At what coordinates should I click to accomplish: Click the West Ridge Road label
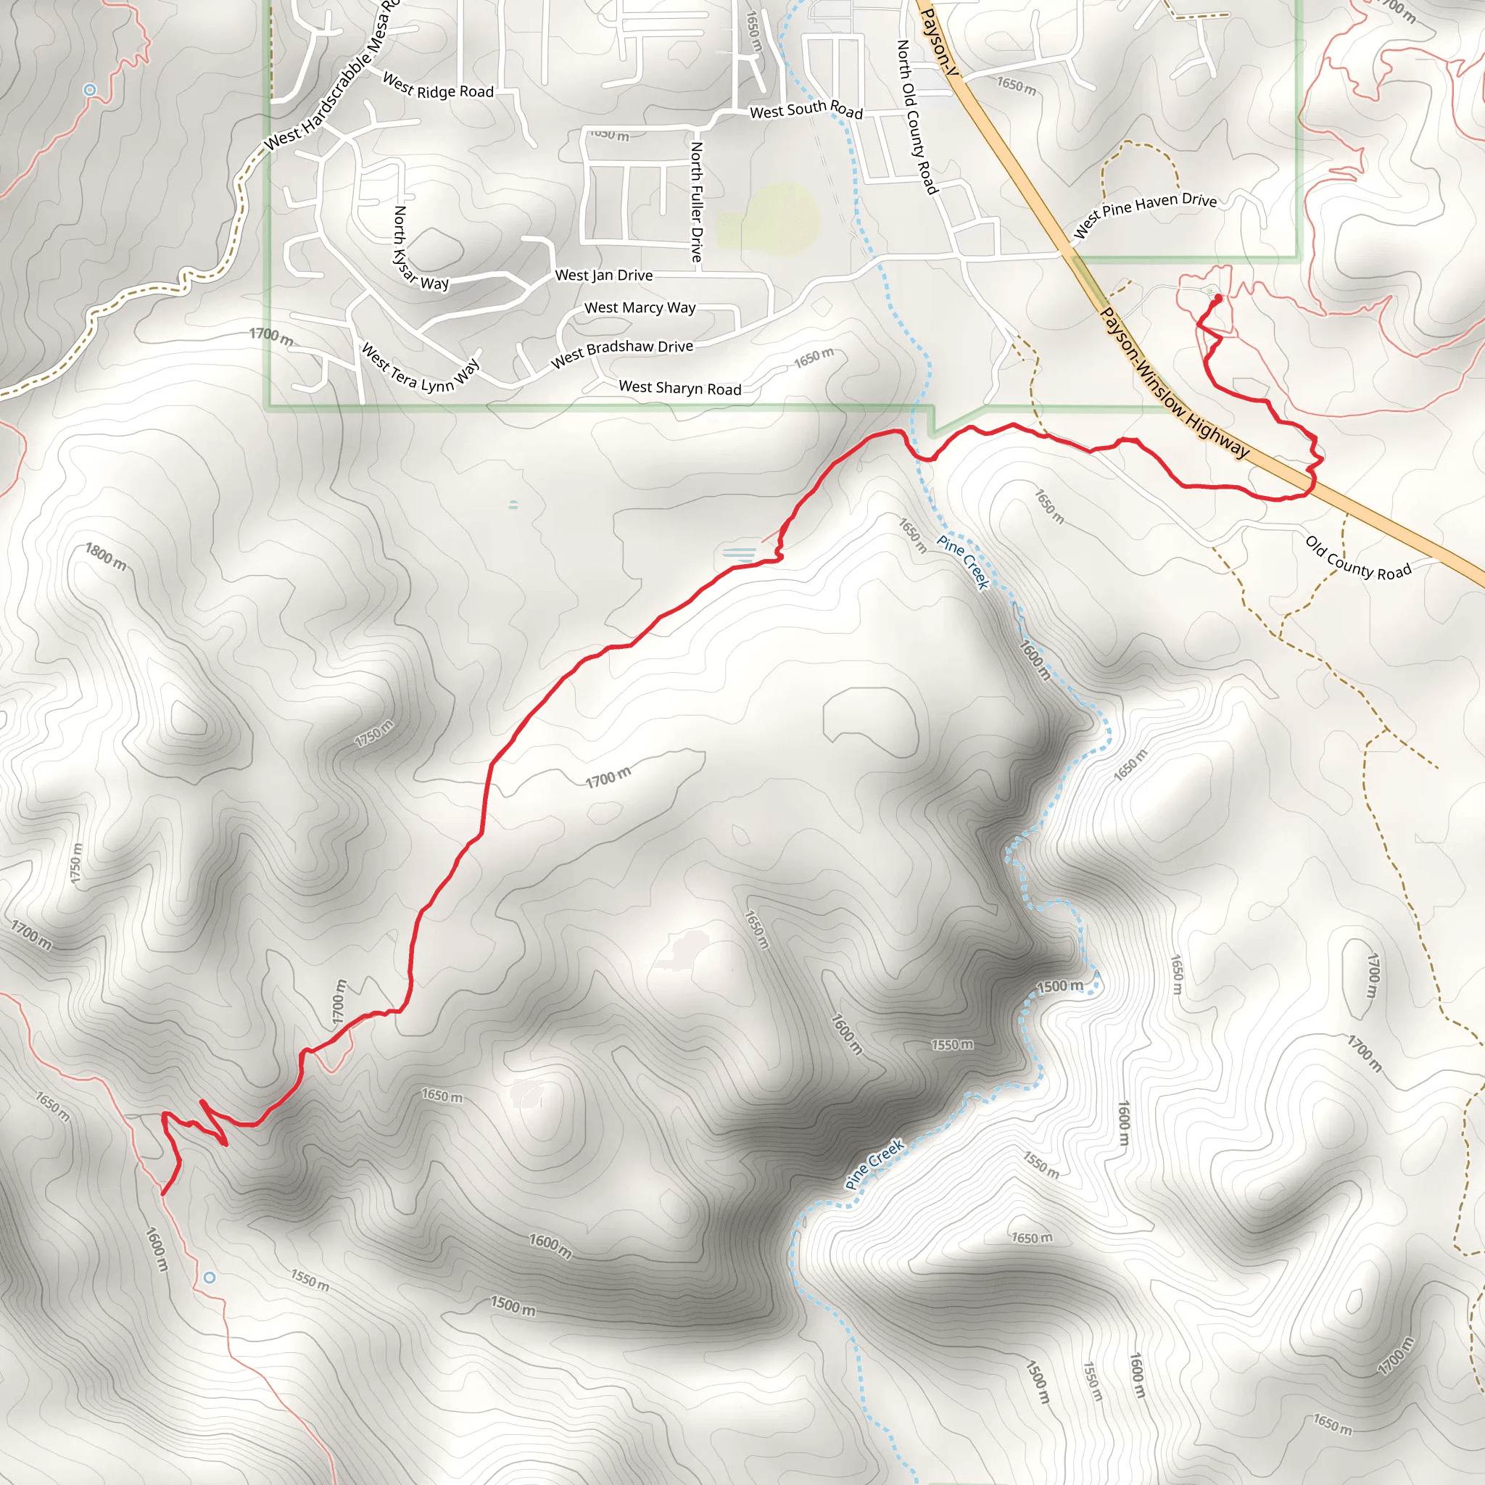coord(438,86)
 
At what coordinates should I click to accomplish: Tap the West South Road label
coord(806,110)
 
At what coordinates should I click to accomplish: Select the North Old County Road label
coord(917,117)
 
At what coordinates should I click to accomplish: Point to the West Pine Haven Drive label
coord(1144,213)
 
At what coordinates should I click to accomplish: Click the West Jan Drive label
coord(603,275)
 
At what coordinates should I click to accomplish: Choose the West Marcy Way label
coord(640,307)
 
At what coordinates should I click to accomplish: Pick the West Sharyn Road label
coord(679,388)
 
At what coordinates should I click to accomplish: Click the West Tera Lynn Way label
coord(420,370)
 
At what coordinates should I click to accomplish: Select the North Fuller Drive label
coord(696,202)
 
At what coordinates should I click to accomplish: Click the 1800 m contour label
coord(105,555)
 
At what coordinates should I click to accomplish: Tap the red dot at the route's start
coord(1218,298)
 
